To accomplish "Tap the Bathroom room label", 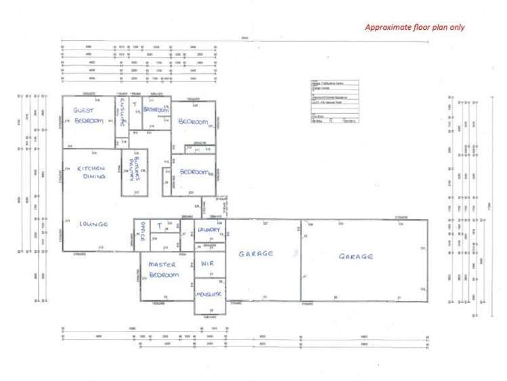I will point(156,108).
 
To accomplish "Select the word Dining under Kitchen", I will point(93,176).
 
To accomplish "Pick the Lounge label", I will point(93,224).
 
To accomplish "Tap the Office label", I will point(141,228).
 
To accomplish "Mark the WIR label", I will point(208,264).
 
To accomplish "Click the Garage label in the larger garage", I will point(356,256).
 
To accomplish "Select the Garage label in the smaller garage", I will point(255,254).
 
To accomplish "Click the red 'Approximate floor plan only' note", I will point(415,28).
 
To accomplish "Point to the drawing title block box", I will point(334,101).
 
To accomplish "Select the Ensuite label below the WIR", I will point(208,296).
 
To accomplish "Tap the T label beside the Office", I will point(160,225).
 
